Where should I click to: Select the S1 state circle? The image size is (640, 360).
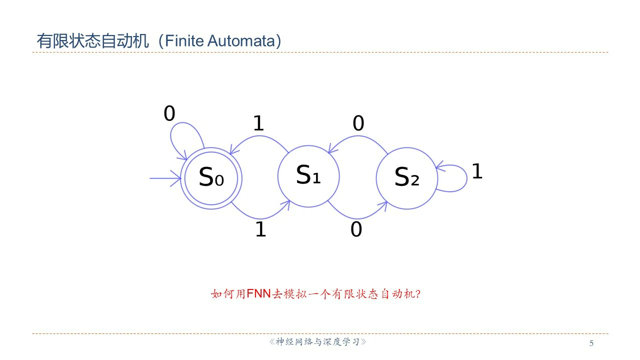(x=308, y=176)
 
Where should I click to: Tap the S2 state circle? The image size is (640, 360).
(x=406, y=177)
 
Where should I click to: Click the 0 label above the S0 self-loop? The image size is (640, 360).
(x=169, y=114)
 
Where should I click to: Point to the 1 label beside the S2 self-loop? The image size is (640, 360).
(x=477, y=171)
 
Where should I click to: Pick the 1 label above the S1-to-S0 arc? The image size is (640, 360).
(x=258, y=123)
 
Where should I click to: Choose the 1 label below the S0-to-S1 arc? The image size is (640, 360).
(x=260, y=229)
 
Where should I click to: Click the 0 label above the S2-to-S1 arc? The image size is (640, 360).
(x=358, y=123)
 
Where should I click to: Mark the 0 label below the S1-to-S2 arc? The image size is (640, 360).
(x=356, y=229)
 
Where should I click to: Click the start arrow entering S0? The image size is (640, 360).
(x=165, y=178)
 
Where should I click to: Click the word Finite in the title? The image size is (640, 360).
(x=178, y=41)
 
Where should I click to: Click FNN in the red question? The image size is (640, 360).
(x=258, y=293)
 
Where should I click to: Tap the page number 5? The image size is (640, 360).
(x=592, y=343)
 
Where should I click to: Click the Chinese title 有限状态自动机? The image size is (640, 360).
(x=93, y=41)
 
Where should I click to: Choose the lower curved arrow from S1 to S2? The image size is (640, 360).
(x=356, y=214)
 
